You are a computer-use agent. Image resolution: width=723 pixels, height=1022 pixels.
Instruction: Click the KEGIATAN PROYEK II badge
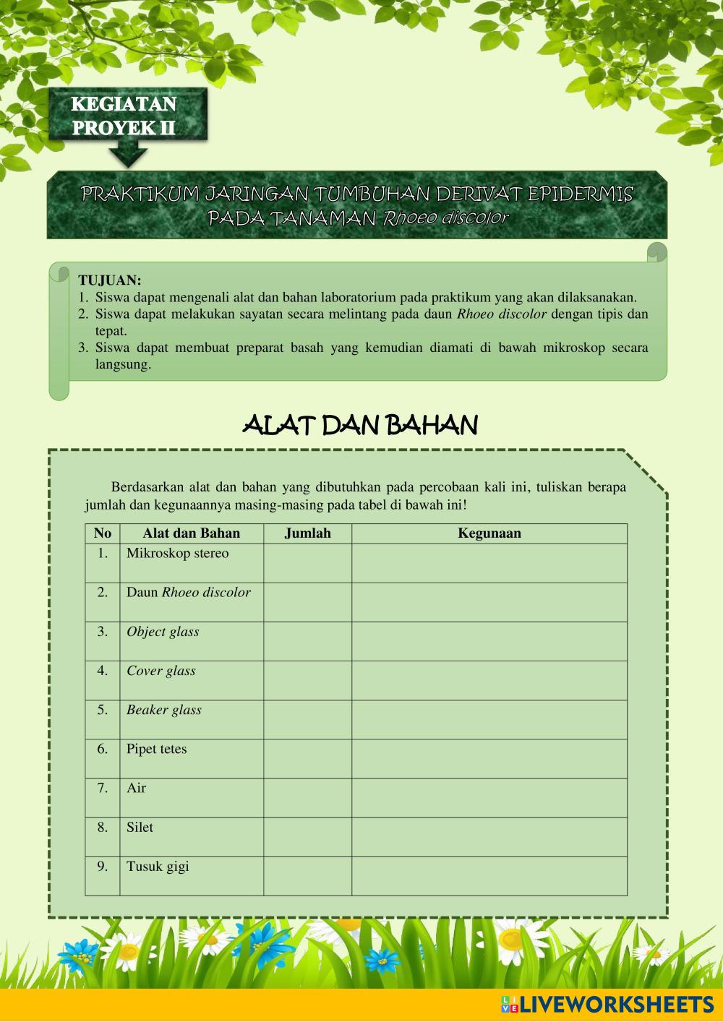click(124, 116)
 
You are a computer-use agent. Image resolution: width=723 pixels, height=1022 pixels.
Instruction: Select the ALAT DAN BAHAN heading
click(360, 426)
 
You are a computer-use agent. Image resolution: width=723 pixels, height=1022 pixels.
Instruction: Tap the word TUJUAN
click(110, 280)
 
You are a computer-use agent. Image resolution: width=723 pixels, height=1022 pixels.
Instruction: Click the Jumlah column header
click(307, 533)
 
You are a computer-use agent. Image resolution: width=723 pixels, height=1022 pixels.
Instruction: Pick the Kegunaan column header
click(489, 533)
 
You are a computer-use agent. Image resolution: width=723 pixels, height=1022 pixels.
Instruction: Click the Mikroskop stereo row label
click(177, 554)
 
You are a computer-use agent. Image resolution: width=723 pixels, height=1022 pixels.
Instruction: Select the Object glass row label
click(163, 632)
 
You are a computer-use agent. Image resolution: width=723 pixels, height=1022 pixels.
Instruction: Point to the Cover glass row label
click(161, 671)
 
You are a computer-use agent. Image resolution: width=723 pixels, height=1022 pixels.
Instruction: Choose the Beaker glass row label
click(164, 710)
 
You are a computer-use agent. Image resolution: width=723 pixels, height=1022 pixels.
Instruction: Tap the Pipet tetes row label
click(156, 749)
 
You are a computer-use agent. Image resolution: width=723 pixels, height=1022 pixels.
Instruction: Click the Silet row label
click(140, 828)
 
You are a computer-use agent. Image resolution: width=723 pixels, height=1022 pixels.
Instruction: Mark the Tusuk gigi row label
click(158, 867)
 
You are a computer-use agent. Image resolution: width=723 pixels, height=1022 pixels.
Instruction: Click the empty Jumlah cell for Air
click(307, 798)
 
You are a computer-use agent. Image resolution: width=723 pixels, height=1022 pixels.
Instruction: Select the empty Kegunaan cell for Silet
click(489, 837)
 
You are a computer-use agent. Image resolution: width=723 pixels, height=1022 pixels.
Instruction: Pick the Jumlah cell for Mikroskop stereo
click(307, 563)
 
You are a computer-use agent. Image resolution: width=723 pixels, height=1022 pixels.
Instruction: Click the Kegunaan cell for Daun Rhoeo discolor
click(489, 602)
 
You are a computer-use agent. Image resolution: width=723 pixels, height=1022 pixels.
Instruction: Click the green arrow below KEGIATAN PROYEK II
click(128, 155)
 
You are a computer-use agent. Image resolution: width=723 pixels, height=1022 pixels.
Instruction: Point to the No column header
click(103, 533)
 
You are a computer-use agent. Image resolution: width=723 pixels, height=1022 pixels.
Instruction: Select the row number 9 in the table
click(103, 867)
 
